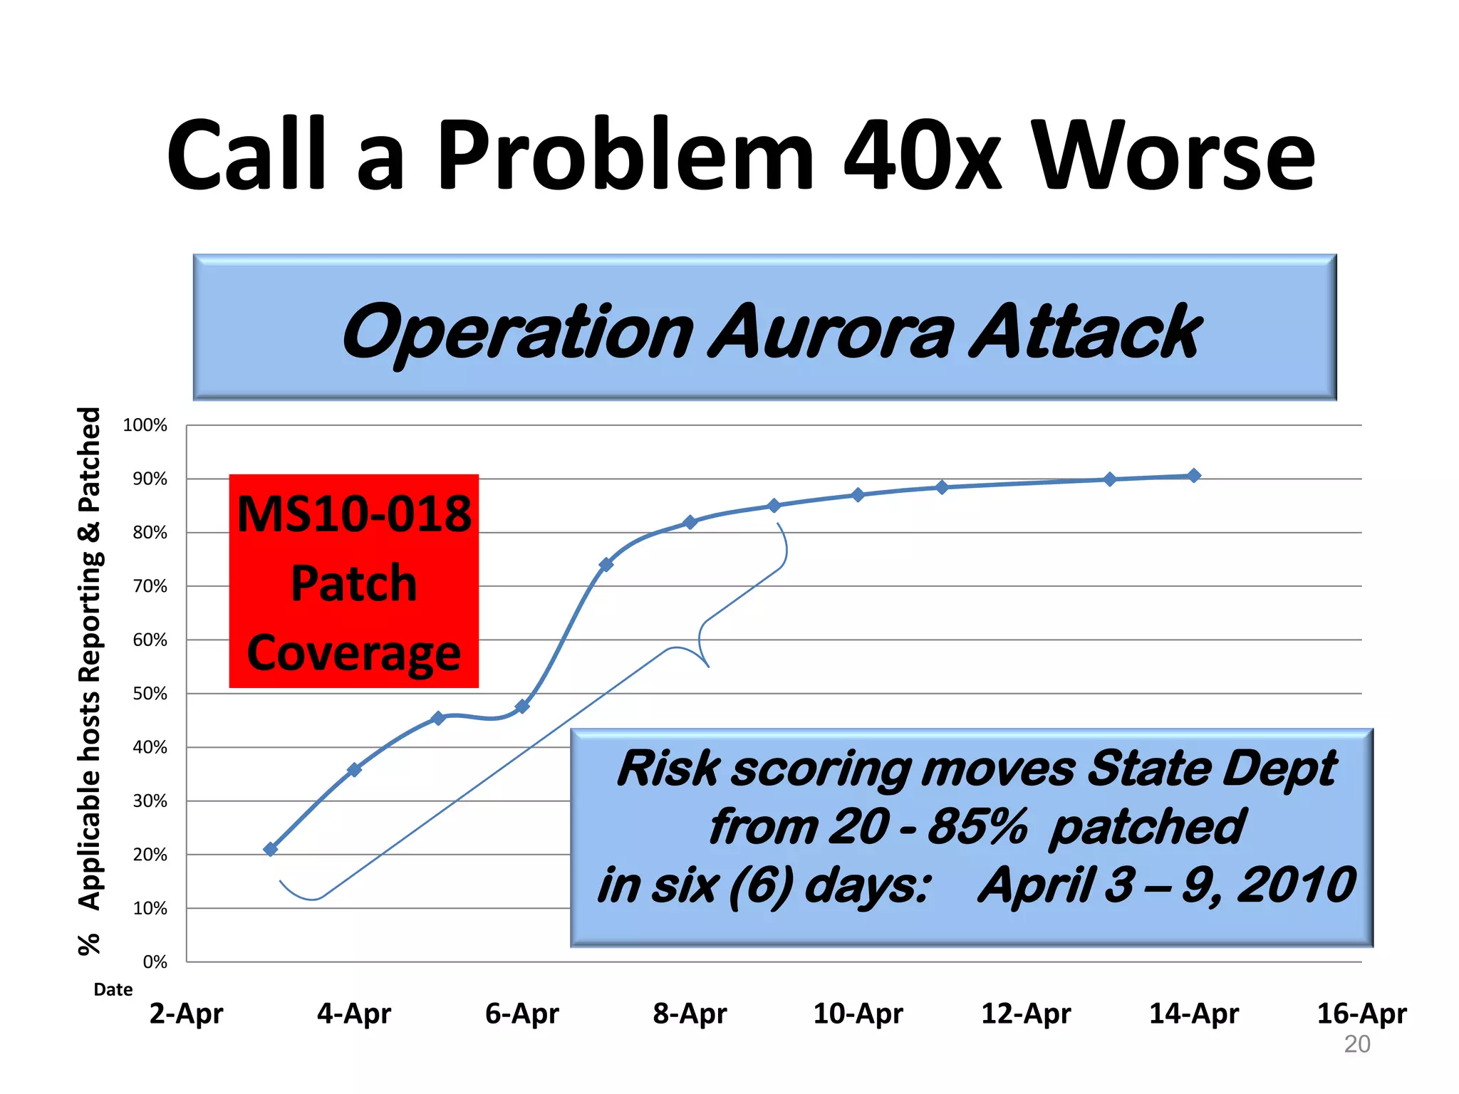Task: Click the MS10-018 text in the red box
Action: [354, 514]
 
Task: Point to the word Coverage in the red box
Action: [354, 652]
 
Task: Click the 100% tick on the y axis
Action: [145, 425]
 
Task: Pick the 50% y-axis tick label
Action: [150, 694]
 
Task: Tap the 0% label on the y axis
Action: [155, 962]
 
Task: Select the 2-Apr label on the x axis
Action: [186, 1013]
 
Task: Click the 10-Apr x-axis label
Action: [858, 1013]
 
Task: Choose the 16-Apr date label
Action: [1361, 1013]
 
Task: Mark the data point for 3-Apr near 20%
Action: [271, 849]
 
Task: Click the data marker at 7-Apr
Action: [606, 565]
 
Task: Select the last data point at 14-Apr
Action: [1194, 476]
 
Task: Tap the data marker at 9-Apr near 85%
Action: [774, 506]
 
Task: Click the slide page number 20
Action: [1357, 1044]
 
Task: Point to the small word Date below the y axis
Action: [113, 989]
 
